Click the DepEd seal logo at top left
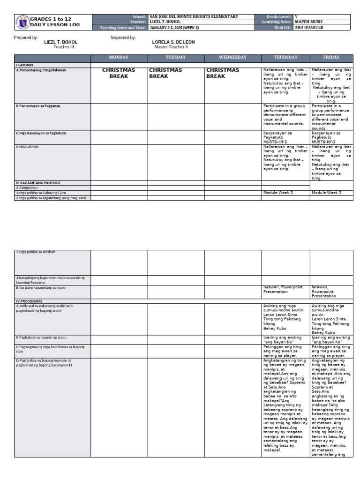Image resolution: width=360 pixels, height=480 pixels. [x=22, y=22]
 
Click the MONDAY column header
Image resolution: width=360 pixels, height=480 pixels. [x=119, y=58]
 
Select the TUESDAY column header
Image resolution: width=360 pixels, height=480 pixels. [x=175, y=58]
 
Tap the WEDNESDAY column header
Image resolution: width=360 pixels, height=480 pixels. [x=232, y=58]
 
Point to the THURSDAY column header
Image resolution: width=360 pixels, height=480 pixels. [x=285, y=58]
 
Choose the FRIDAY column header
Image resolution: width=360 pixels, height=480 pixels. [x=331, y=58]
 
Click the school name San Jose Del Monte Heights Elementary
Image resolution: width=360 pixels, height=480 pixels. [x=194, y=17]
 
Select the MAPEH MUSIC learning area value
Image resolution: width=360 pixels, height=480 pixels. [x=309, y=22]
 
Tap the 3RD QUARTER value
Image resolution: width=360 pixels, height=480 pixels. [x=309, y=27]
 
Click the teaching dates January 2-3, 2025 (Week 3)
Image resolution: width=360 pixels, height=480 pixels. [x=174, y=28]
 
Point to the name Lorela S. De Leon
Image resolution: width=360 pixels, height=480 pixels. [x=173, y=42]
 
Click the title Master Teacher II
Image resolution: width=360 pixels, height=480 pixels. [x=171, y=47]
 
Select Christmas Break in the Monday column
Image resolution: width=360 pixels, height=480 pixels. [x=119, y=73]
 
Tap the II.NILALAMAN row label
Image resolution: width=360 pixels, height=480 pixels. [x=27, y=147]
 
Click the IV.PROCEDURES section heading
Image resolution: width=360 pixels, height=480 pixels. [x=29, y=301]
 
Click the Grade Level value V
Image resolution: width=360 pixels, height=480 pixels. [x=296, y=17]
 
